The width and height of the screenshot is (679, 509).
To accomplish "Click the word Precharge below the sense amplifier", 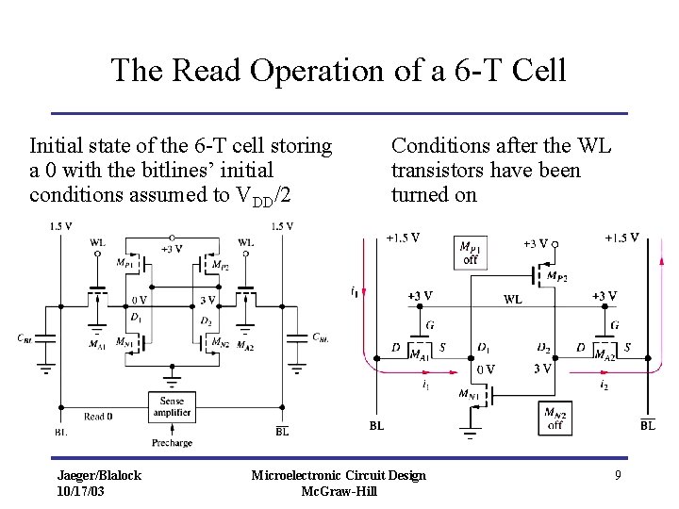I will pos(171,442).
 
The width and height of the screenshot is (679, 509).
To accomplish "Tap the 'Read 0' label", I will pos(99,416).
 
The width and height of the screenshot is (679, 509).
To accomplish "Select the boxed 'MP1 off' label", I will pos(470,252).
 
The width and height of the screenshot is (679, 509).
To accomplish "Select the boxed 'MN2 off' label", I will pos(555,418).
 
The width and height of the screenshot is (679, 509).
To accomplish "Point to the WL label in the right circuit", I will pos(513,300).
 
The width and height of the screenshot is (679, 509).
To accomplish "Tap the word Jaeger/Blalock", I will pos(99,475).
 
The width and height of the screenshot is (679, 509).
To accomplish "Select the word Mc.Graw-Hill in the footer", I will pos(339,491).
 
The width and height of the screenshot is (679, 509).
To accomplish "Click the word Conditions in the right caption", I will pos(437,146).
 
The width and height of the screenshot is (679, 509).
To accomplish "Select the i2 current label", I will pos(603,384).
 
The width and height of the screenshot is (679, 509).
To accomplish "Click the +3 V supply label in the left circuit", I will pos(171,249).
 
